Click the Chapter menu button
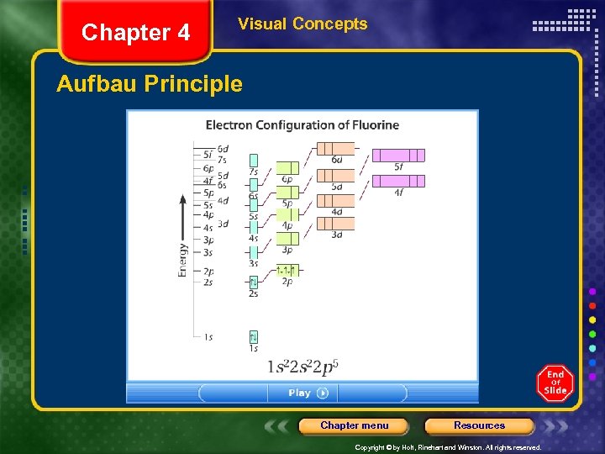(x=354, y=425)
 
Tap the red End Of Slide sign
(x=555, y=383)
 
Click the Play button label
(x=300, y=393)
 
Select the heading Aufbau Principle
(x=149, y=84)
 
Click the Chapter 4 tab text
(x=135, y=33)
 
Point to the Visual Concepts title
(x=302, y=24)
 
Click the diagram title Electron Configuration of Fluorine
(x=302, y=125)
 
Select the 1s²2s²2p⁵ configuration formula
(x=303, y=367)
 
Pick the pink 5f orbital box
(x=398, y=155)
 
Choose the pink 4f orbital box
(x=398, y=181)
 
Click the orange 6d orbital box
(x=336, y=149)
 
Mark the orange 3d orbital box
(x=336, y=224)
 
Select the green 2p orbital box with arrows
(x=287, y=270)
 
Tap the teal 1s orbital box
(x=253, y=336)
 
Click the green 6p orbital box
(x=287, y=167)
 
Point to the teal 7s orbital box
(x=253, y=160)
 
